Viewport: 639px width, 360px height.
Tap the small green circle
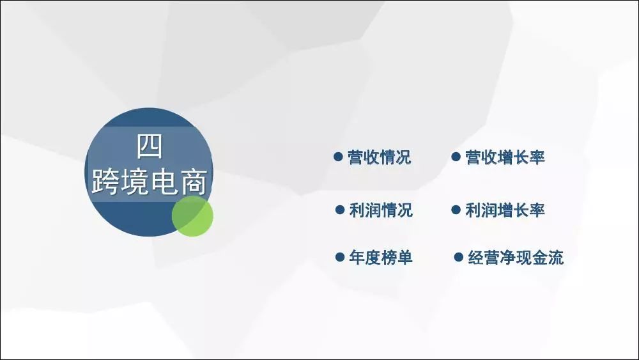pyautogui.click(x=192, y=215)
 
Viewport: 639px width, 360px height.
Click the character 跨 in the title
pyautogui.click(x=105, y=182)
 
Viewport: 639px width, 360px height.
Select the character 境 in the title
pyautogui.click(x=134, y=182)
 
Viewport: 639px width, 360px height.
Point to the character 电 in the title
pyautogui.click(x=164, y=182)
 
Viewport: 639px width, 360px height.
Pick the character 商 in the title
pyautogui.click(x=193, y=182)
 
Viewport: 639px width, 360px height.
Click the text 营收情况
pyautogui.click(x=379, y=157)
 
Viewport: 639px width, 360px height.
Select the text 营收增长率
pyautogui.click(x=505, y=157)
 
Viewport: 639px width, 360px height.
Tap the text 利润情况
pyautogui.click(x=381, y=210)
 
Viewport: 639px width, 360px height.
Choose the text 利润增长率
pyautogui.click(x=505, y=210)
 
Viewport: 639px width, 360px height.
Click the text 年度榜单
pyautogui.click(x=381, y=258)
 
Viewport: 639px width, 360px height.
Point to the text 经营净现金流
pyautogui.click(x=516, y=258)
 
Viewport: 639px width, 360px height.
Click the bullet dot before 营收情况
pyautogui.click(x=338, y=157)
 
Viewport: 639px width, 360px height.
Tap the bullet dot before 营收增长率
pyautogui.click(x=456, y=157)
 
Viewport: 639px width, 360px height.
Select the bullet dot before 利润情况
pyautogui.click(x=340, y=210)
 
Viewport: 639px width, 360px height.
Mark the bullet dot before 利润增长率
pyautogui.click(x=456, y=210)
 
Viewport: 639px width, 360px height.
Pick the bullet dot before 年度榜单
pyautogui.click(x=340, y=257)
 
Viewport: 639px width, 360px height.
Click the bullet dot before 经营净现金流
pyautogui.click(x=458, y=257)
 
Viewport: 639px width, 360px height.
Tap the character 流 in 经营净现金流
pyautogui.click(x=556, y=258)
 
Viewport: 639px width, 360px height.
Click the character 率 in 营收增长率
pyautogui.click(x=537, y=157)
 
